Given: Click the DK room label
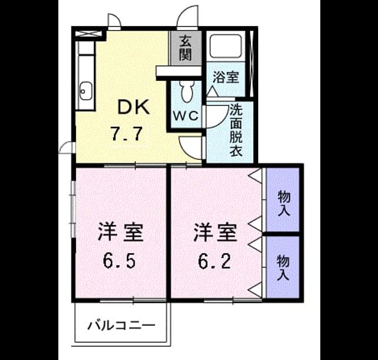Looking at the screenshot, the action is [x=133, y=107].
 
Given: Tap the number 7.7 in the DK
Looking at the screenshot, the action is [x=126, y=134].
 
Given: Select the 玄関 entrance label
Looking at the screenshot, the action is [x=185, y=48].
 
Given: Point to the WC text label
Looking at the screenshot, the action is [x=186, y=116].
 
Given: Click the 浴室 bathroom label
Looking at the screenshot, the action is [x=226, y=77].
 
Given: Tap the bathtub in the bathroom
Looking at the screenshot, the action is [x=226, y=46].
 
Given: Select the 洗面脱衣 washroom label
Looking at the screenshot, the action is [x=236, y=130].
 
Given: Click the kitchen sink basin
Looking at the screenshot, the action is [x=86, y=91].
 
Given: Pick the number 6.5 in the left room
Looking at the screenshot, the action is [x=119, y=261].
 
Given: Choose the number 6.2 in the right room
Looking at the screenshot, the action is [x=215, y=261].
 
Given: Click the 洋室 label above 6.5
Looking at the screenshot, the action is [x=120, y=233].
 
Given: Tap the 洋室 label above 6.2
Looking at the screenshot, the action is [x=215, y=233].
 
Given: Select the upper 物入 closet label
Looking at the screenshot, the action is [x=283, y=203].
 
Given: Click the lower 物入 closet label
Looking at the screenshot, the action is [x=283, y=268].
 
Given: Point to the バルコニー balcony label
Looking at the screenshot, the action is [x=121, y=326].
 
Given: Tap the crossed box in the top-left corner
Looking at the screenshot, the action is [x=87, y=34].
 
